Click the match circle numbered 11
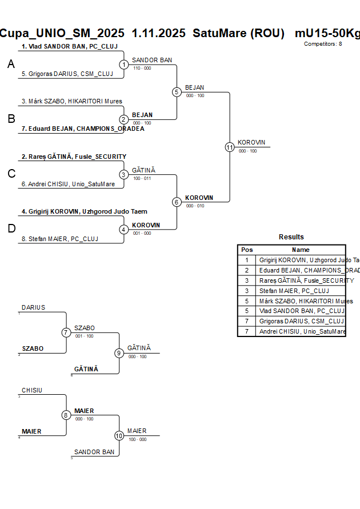click(230, 147)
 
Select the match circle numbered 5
click(177, 92)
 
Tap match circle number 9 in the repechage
click(119, 353)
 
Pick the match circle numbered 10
click(119, 435)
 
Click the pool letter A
click(11, 65)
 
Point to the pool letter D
click(11, 229)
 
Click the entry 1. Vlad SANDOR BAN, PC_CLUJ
click(69, 46)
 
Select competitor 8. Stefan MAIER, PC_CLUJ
click(63, 239)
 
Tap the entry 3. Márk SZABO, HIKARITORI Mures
click(71, 101)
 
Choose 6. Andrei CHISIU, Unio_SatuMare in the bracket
click(68, 184)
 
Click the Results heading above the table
click(291, 237)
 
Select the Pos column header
click(247, 250)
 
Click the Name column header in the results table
click(301, 250)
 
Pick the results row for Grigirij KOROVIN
click(302, 260)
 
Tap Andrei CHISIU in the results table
click(302, 331)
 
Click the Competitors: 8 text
click(323, 43)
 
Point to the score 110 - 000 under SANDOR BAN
click(142, 68)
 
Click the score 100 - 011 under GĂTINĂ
click(142, 178)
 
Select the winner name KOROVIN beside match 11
click(251, 142)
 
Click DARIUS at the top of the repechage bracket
click(33, 307)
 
